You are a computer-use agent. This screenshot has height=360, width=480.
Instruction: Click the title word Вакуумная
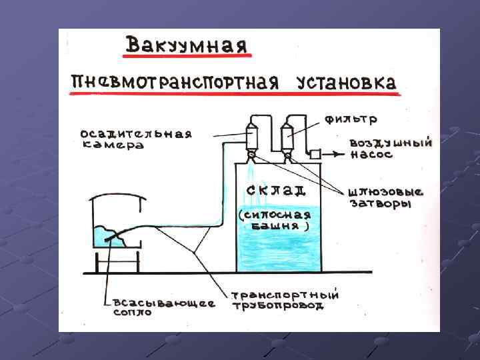187,46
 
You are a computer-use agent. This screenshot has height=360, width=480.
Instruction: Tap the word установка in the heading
346,83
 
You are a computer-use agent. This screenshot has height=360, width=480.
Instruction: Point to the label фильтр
351,120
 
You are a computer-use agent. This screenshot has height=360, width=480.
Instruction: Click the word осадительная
136,133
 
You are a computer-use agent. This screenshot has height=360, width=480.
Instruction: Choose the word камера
112,145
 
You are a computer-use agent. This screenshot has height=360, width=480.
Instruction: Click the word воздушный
391,143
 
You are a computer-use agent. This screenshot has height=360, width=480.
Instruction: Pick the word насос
371,155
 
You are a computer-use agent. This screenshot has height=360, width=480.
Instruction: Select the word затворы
381,203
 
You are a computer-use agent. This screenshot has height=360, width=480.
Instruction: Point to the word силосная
275,215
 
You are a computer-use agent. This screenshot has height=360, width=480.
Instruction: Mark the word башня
278,226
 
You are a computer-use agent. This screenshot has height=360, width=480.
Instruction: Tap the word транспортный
285,295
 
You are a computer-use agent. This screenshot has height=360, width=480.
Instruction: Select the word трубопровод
278,306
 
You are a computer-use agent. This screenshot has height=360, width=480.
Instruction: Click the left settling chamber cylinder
252,137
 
